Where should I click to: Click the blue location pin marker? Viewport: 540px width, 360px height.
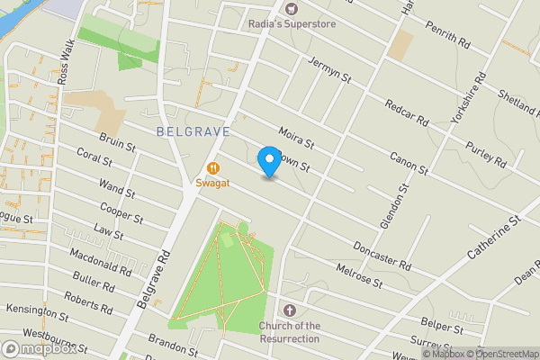[268, 160]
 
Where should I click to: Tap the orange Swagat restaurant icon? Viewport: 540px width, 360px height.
[213, 167]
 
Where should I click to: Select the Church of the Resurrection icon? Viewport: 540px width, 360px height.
[289, 310]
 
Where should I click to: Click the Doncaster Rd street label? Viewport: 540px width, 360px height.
[382, 255]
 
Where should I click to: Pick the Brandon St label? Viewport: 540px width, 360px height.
[174, 346]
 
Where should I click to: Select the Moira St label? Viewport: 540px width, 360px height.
[295, 137]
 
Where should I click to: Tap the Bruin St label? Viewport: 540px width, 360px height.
[117, 143]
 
